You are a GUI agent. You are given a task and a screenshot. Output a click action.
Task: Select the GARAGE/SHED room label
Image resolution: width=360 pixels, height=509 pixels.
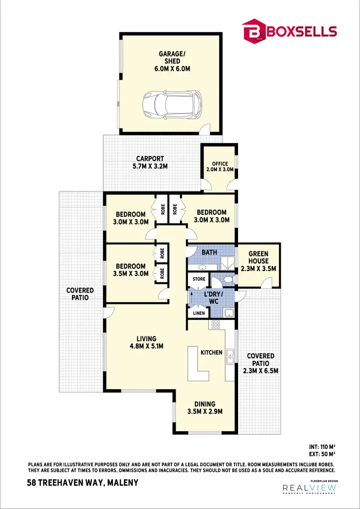pos(172,61)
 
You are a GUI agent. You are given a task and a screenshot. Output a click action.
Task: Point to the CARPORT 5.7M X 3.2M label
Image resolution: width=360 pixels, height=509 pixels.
pos(150,162)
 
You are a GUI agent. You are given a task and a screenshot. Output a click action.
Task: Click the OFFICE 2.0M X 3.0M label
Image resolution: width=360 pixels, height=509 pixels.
pos(220,166)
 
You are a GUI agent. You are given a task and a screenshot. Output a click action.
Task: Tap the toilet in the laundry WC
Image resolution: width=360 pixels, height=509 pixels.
pos(228,279)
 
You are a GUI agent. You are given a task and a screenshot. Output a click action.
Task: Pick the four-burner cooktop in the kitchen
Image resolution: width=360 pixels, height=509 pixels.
pos(216,324)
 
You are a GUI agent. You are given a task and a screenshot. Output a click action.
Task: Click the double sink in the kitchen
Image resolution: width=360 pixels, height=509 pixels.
pos(230,355)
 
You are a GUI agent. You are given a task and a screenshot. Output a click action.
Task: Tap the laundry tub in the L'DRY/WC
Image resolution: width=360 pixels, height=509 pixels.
pos(229,313)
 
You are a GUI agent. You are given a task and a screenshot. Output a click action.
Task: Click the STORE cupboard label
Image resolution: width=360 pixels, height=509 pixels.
pos(199,279)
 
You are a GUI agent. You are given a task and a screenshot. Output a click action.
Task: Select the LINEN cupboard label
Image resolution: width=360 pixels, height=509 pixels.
pos(199,313)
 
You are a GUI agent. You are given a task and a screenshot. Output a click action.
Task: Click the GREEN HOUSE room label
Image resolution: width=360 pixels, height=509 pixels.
pos(258,261)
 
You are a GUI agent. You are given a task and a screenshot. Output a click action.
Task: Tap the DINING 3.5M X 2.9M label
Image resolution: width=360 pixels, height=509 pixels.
pos(204,407)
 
